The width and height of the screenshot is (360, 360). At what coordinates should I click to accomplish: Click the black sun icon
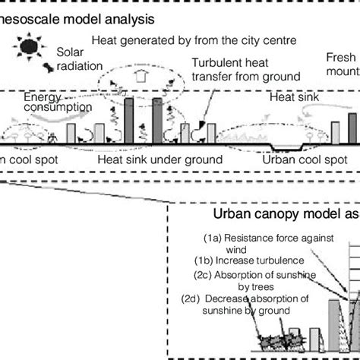click(30, 48)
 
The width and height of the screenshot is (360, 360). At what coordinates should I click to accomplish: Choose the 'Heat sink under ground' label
click(163, 159)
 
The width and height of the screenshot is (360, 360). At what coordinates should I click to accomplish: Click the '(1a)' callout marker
click(214, 238)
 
